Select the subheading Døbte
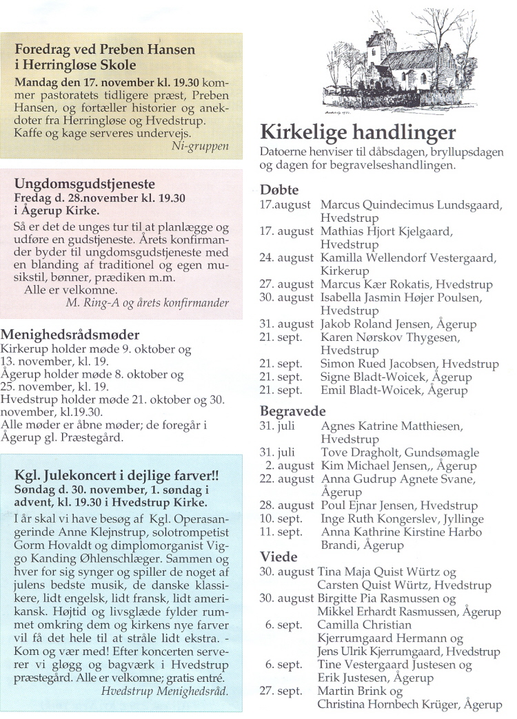pos(278,189)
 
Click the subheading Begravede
pos(292,411)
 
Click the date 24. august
pos(287,258)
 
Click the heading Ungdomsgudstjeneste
pos(85,185)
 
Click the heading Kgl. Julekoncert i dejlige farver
pos(116,476)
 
